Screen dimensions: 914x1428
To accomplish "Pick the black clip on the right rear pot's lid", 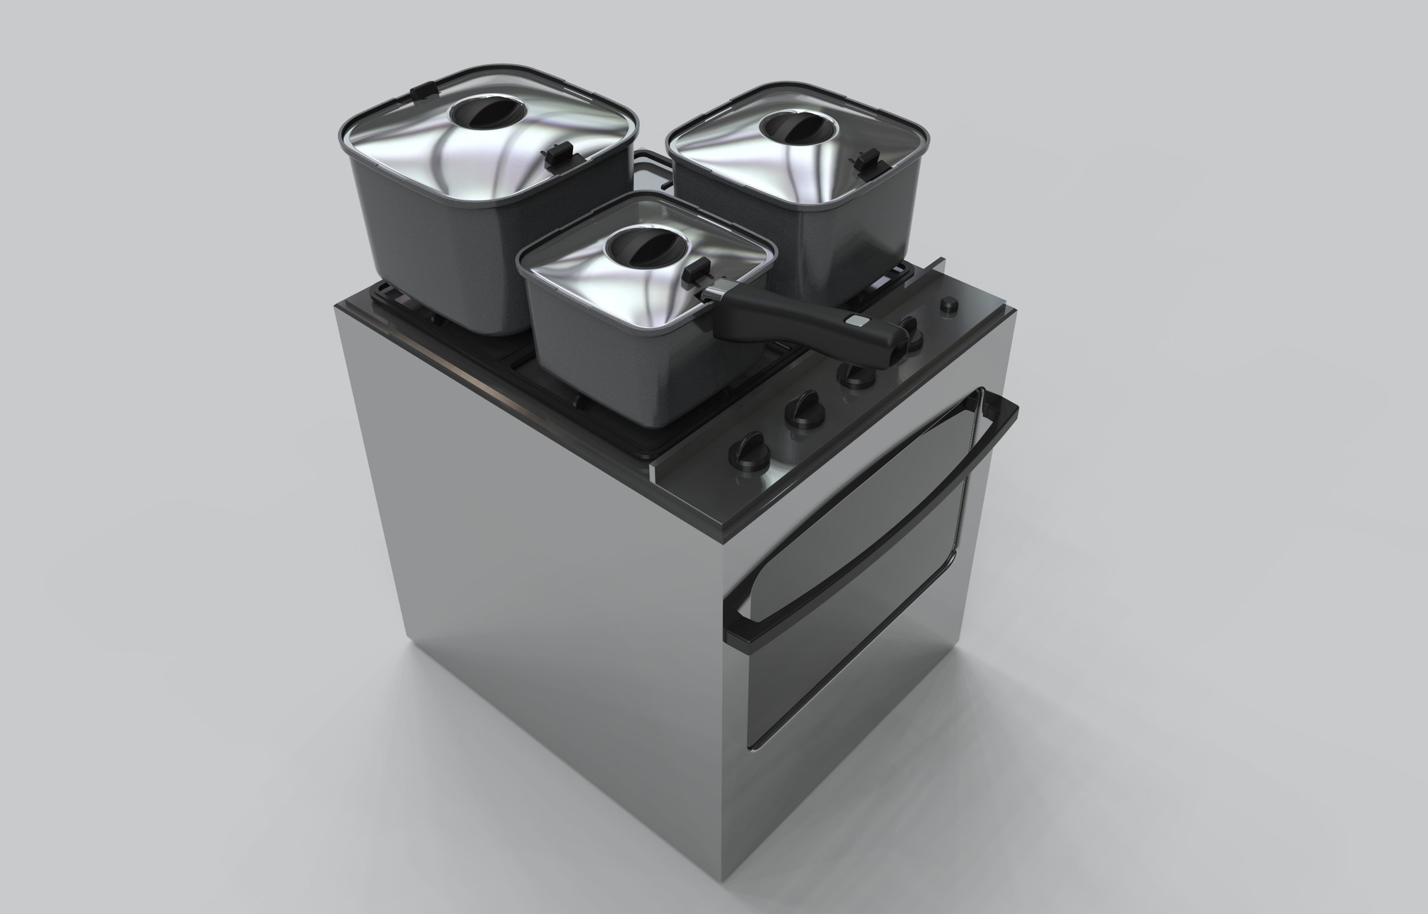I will [869, 159].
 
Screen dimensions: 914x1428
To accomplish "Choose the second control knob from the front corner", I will [804, 410].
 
